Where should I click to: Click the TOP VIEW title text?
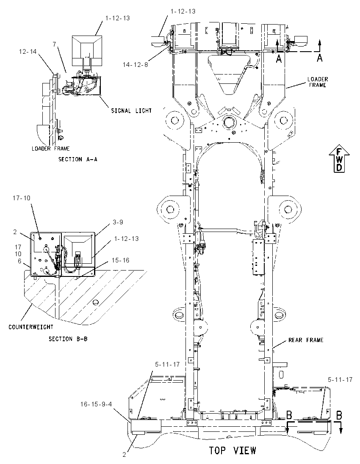[x=233, y=450]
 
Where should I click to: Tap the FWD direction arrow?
[x=339, y=158]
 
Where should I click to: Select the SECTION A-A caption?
[x=78, y=159]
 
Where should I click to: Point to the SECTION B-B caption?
[x=68, y=339]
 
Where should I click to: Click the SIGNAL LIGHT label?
[x=131, y=110]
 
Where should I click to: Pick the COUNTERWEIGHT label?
[x=31, y=327]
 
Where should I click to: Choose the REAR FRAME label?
[x=306, y=340]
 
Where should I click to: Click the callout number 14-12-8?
[x=135, y=64]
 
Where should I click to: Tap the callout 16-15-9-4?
[x=96, y=404]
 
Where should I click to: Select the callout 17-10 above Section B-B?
[x=21, y=198]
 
